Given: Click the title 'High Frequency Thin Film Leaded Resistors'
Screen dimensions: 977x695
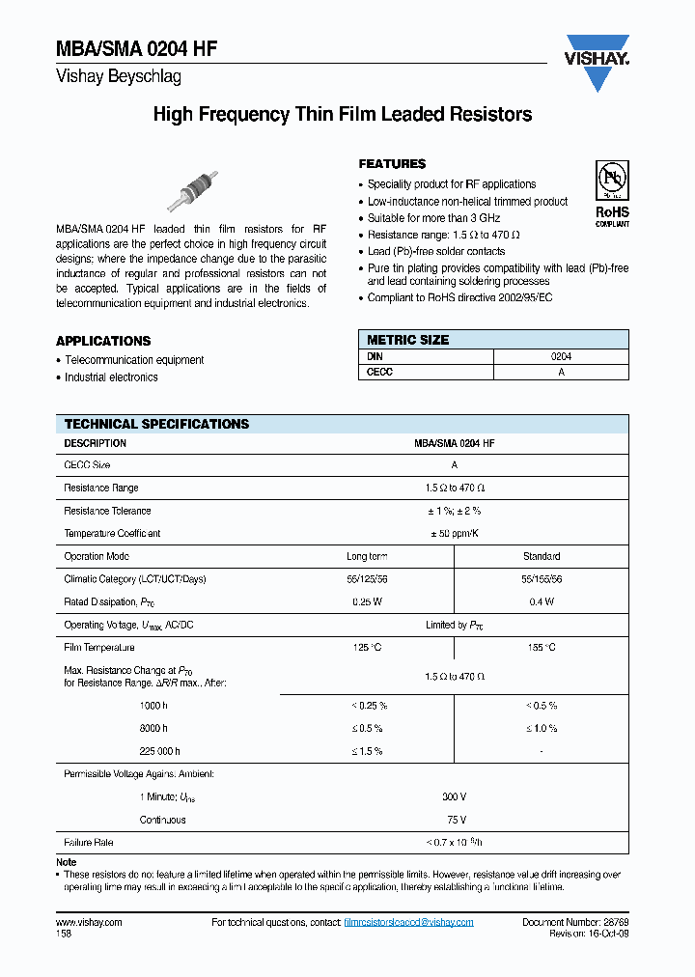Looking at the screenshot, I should pos(343,115).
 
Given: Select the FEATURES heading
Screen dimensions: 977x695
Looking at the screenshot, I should pos(392,164).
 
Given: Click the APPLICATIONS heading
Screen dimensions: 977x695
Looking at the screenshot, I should pos(103,341).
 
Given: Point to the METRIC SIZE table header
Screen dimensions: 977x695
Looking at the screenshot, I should pos(407,340).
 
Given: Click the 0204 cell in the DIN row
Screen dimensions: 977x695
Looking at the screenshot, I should pos(561,356).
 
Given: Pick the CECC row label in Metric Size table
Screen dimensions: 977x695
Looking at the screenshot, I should pos(380,373).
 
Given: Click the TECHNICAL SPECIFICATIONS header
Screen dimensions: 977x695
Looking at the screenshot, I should pos(156,424).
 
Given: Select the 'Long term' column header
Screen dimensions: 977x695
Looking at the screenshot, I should pos(367,556).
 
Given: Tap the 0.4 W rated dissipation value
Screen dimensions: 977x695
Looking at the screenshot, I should pos(542,601).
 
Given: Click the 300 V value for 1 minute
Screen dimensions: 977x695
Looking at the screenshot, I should pos(454,796).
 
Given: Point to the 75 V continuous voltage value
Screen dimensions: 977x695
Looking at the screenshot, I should pos(454,820).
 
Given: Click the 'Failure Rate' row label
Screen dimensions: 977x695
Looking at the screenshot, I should pos(89,843).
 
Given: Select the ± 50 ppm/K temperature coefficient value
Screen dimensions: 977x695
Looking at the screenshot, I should pos(454,533).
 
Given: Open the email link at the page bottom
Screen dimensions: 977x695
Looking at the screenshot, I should pos(408,922).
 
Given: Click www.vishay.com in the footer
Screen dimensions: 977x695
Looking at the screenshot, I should pos(89,922).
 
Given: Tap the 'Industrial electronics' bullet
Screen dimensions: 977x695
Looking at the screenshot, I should pos(111,377).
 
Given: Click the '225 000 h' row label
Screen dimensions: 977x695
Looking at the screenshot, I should pos(159,751).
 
